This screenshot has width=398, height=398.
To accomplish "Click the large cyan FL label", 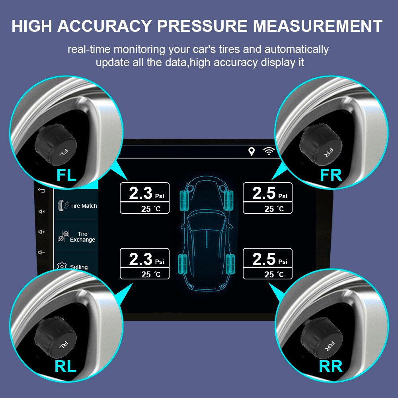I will [x=66, y=174].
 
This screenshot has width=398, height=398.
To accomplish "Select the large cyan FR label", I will [x=331, y=174].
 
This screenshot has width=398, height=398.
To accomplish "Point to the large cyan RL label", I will [x=65, y=367].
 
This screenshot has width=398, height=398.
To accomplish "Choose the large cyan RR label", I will [x=331, y=367].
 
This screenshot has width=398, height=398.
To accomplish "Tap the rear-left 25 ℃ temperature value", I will [x=150, y=274].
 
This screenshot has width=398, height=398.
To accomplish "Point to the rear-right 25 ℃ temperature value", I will [x=274, y=274].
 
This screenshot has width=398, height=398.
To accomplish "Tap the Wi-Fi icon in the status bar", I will [x=269, y=151].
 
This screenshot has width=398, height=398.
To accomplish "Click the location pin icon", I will [x=251, y=151].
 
